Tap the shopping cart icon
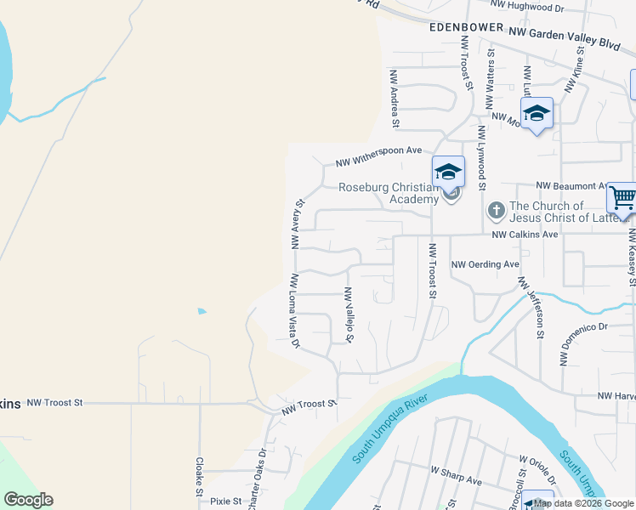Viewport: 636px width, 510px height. point(622,198)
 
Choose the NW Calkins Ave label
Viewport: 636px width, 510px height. point(525,234)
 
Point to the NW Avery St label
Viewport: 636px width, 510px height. point(298,224)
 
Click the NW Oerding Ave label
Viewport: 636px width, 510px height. point(485,264)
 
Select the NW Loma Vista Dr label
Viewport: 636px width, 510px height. point(295,310)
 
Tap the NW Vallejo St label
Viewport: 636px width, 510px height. point(348,314)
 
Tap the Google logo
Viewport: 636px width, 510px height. point(28,500)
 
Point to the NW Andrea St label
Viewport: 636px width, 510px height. point(395,99)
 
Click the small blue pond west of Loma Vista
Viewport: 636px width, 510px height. point(201,311)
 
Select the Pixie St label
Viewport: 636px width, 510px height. point(226,501)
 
